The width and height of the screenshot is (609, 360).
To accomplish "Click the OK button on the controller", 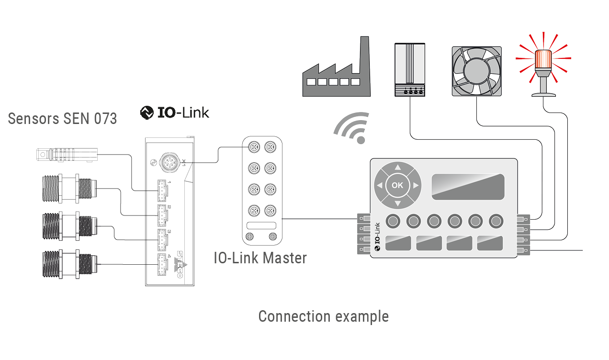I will [x=397, y=185].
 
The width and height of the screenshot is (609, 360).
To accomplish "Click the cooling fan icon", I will [x=476, y=71].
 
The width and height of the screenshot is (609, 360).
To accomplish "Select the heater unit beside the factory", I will [x=410, y=69].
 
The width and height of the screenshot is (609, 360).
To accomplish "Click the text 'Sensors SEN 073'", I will [x=62, y=118].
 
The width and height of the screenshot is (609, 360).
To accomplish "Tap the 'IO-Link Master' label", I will [x=260, y=258].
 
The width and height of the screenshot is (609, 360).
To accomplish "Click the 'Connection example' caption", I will [x=323, y=316].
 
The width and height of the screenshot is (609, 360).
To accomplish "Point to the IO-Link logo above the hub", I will [x=175, y=112].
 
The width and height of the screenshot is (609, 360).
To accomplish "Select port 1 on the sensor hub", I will [x=162, y=191].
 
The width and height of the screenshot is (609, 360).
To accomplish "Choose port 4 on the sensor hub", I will [x=162, y=264].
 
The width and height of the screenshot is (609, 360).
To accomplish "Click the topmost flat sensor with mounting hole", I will [x=67, y=154].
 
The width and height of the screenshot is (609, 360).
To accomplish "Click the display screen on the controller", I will [x=468, y=186].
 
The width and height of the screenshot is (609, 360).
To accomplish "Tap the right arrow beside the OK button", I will [x=416, y=185].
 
